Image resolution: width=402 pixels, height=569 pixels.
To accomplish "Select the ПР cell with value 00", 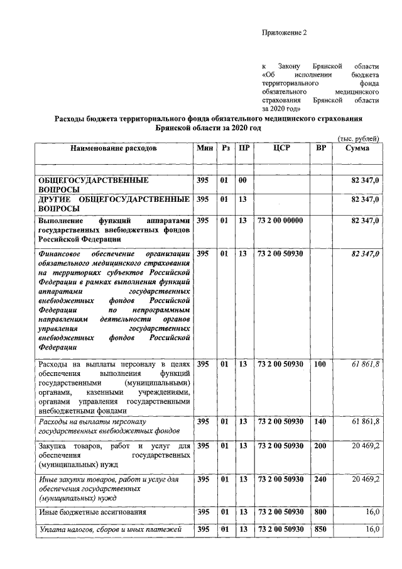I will pos(242,181).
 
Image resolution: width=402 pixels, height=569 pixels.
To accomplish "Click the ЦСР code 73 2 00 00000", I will pos(280,220).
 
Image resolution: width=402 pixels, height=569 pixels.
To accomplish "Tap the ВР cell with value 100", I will pos(320,364).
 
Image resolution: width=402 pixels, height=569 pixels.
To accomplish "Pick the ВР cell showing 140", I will pos(320,421).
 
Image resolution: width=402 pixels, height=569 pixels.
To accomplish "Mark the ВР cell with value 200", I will pos(320,446).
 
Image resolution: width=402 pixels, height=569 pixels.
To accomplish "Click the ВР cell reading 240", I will pos(320,478).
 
